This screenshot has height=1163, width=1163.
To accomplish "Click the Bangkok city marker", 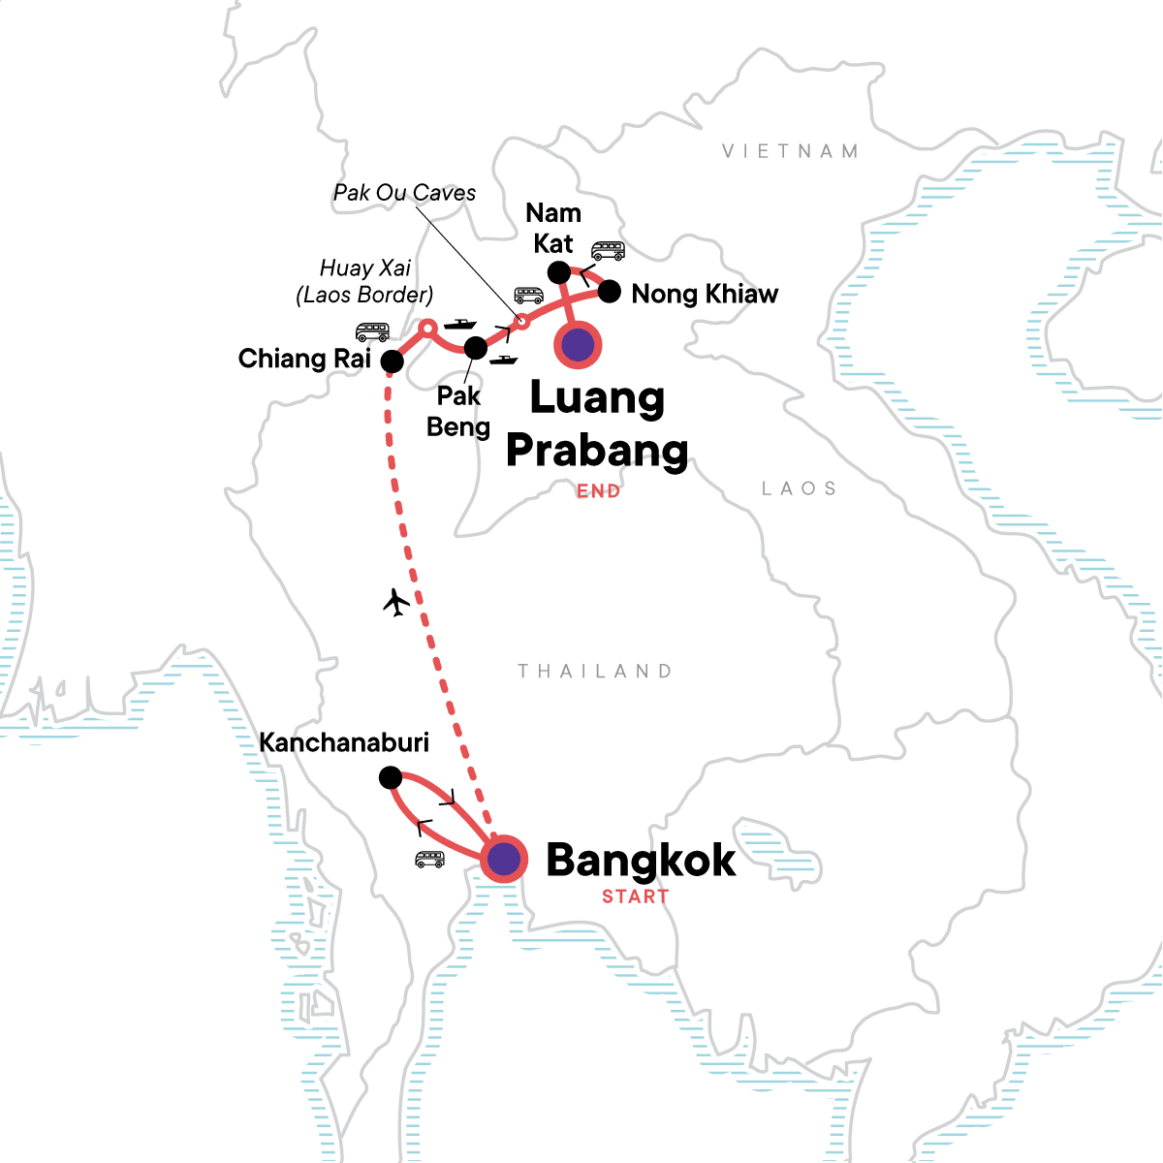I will tap(504, 859).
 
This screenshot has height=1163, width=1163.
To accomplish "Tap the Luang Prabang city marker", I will tap(578, 345).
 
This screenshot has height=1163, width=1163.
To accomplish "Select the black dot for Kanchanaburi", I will tap(390, 777).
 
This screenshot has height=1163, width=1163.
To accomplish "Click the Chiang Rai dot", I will tap(392, 361).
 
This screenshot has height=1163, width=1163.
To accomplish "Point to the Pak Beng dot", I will tap(476, 347).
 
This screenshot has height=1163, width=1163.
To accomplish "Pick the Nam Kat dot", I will tap(559, 271).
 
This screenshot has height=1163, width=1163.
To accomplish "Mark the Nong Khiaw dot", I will tap(609, 291).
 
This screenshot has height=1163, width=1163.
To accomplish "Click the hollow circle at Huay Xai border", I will tap(425, 328).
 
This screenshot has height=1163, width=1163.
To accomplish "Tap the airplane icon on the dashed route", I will tap(396, 603).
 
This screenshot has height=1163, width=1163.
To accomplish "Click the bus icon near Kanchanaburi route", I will tap(429, 859).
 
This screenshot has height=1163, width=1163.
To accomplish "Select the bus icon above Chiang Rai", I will tap(372, 331).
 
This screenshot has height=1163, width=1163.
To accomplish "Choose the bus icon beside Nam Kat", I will tap(608, 251).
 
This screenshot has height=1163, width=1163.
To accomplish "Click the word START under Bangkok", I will tap(635, 896).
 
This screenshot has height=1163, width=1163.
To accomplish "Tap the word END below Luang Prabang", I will tap(598, 491).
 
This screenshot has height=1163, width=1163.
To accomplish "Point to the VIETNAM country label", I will tap(790, 151).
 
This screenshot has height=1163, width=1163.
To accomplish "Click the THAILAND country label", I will tap(594, 671).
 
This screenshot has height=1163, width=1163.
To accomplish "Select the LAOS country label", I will tap(799, 488).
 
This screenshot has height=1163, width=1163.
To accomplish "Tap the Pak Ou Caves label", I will tap(404, 193).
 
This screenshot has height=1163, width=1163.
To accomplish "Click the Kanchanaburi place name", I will tap(344, 742).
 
